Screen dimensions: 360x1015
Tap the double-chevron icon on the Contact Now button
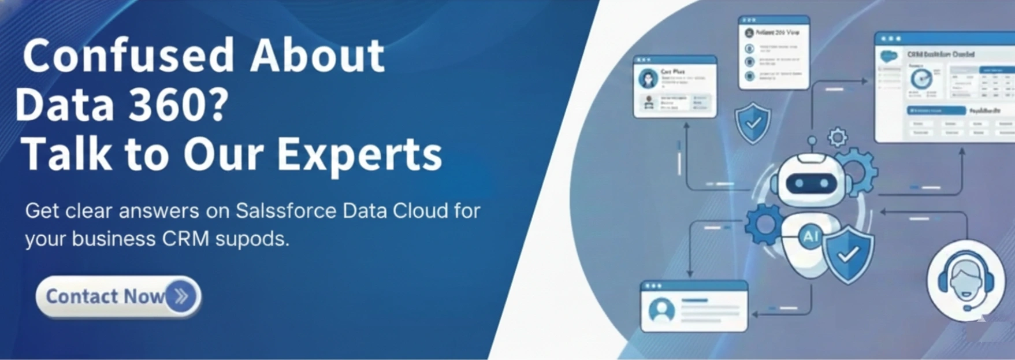pos(181,296)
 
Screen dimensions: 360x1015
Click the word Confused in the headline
pos(128,56)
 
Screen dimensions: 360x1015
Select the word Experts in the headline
pos(359,154)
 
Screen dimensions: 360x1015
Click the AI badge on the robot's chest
pos(810,236)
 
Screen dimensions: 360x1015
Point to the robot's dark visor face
pos(812,183)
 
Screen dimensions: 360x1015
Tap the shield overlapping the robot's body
pos(848,254)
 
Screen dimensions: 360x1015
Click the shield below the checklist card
pos(753,123)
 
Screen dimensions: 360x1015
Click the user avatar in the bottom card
pos(661,310)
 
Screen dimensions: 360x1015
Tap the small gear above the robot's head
pos(837,138)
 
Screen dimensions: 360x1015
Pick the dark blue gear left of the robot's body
pos(764,225)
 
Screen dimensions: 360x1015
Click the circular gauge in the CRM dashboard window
pos(921,79)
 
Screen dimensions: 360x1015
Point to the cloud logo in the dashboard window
pos(888,57)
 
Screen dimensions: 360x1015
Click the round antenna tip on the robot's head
pos(812,140)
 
